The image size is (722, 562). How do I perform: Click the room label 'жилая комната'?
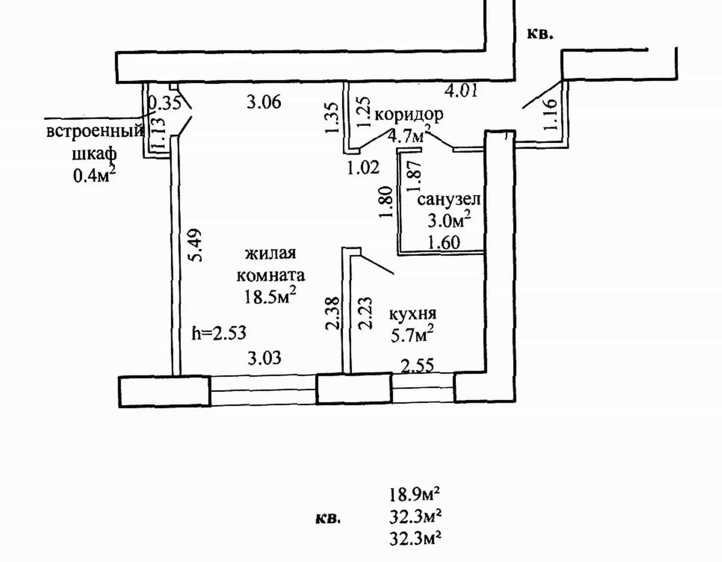pos(271,264)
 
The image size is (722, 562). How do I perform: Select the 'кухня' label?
pos(413,314)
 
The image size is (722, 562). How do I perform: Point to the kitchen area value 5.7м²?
pos(412,334)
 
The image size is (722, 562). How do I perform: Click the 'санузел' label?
pos(449,199)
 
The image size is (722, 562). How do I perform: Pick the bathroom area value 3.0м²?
pos(449,220)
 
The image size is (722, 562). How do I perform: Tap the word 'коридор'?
pos(409,114)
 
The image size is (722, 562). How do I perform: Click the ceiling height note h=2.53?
pos(219,333)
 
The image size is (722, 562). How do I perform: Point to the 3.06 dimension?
pos(264,102)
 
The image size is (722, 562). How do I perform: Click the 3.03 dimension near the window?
pos(264,358)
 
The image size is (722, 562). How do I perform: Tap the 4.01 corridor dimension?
pos(461,90)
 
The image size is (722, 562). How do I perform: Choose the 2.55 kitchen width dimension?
pos(417,365)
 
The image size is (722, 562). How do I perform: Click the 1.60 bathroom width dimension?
pos(444,242)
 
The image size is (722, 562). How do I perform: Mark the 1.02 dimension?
pos(363,167)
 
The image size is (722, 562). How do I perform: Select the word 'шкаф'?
pos(94,154)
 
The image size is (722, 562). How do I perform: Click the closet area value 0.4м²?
pos(94,174)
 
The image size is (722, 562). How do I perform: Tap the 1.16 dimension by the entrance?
pos(550,114)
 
